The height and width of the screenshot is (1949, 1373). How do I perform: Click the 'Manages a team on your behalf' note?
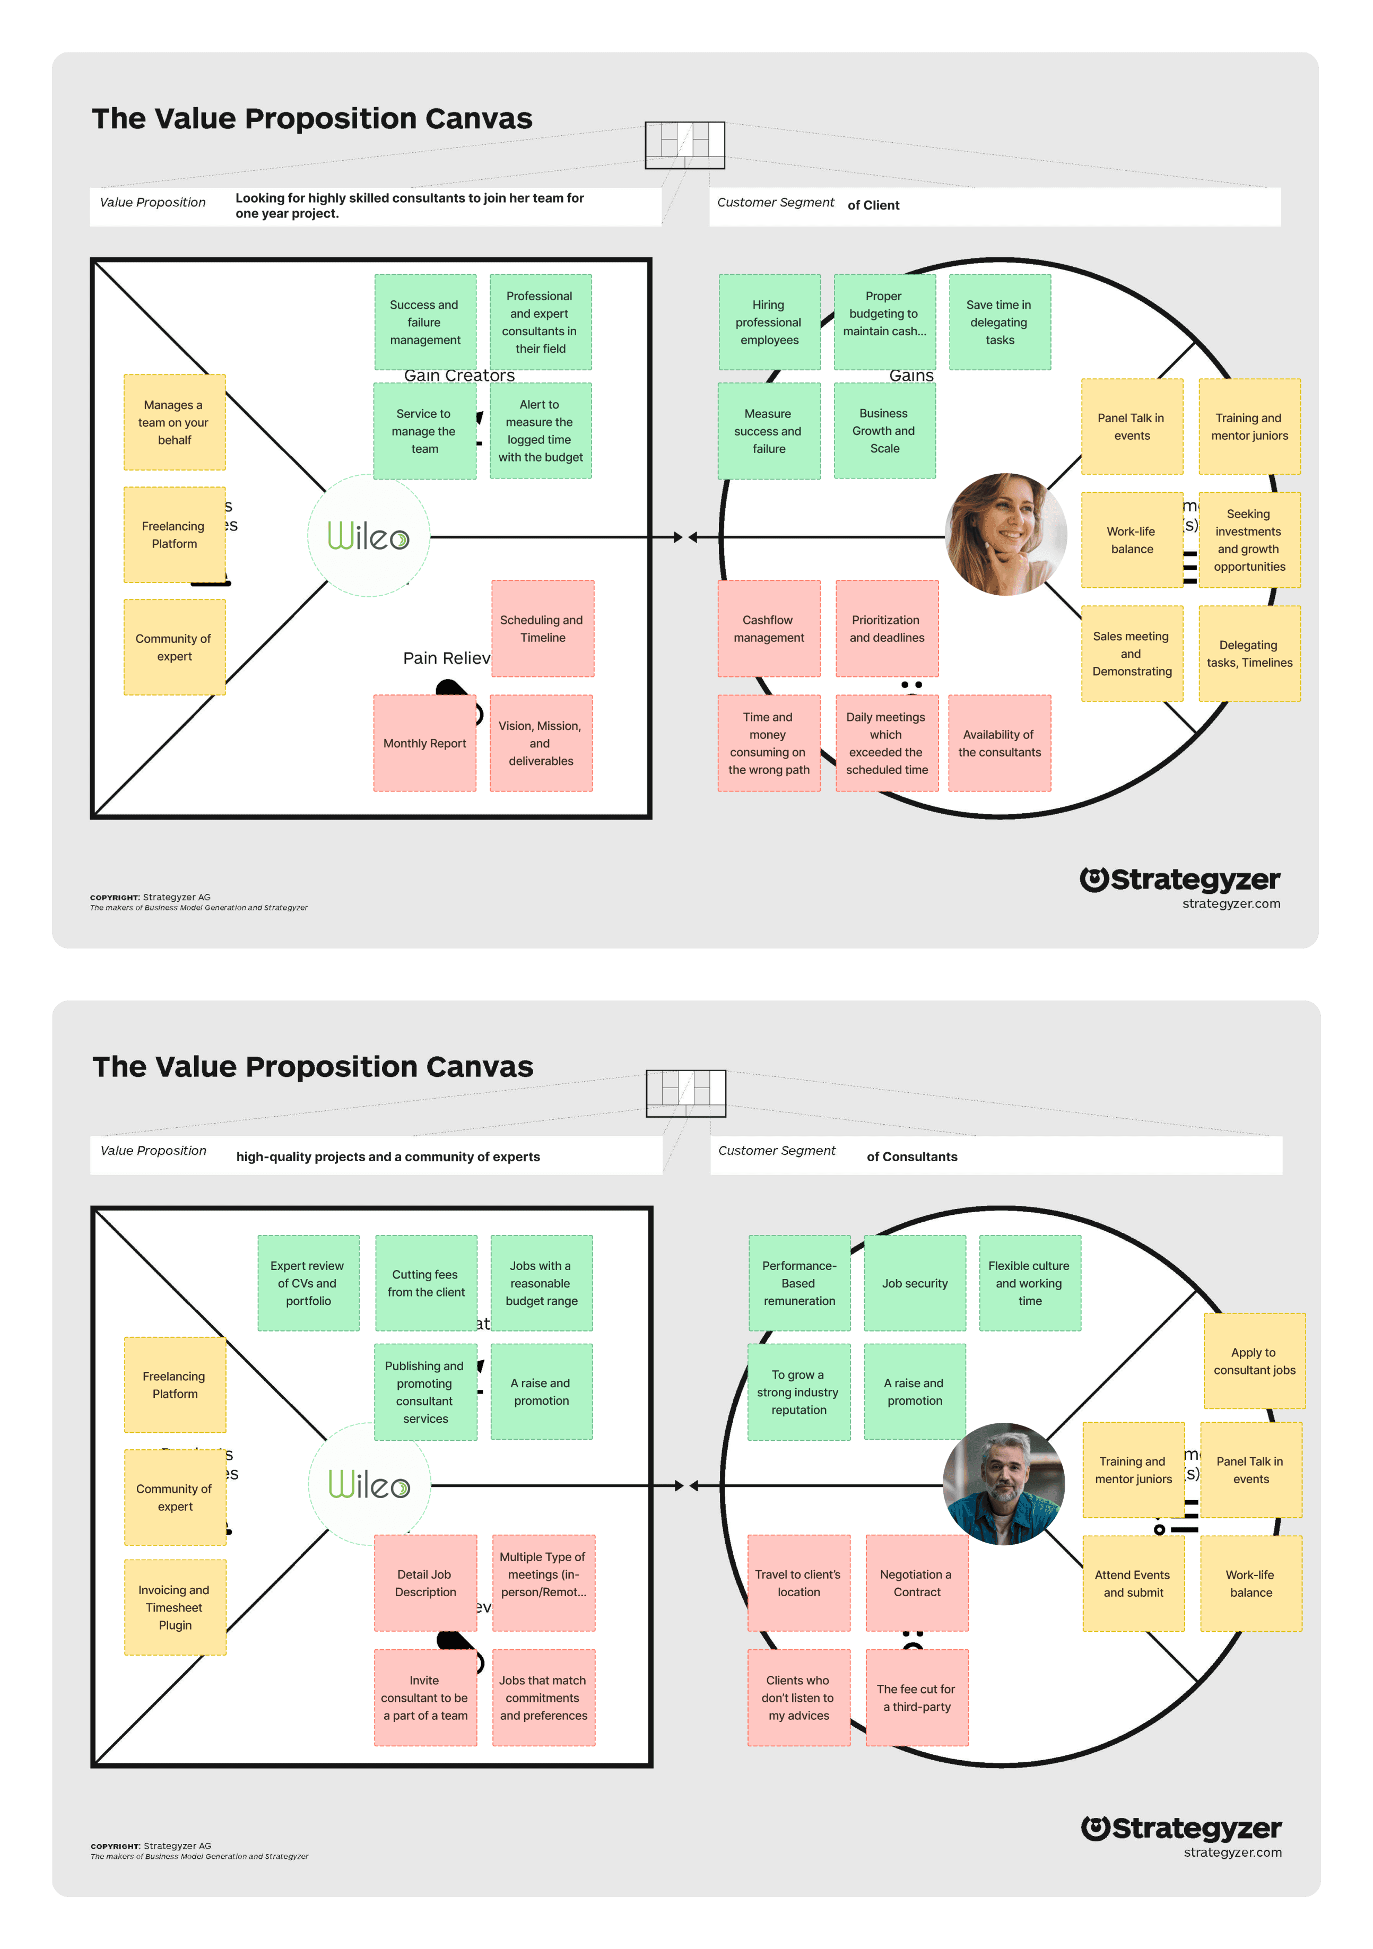click(x=174, y=422)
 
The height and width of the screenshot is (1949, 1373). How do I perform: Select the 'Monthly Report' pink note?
click(x=424, y=743)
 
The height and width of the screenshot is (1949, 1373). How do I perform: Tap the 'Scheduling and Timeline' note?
click(x=543, y=628)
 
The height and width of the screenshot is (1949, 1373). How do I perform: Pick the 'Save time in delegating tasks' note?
click(x=1000, y=321)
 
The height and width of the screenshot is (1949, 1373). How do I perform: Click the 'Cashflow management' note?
click(x=768, y=628)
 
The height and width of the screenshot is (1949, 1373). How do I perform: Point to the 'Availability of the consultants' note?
click(x=1000, y=743)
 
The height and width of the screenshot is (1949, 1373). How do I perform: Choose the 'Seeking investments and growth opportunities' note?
click(x=1249, y=540)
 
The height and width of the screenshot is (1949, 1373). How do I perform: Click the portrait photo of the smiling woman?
click(x=1006, y=534)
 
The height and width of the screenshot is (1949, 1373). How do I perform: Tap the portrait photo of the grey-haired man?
click(x=1004, y=1483)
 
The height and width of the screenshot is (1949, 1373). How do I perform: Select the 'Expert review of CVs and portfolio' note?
click(x=308, y=1283)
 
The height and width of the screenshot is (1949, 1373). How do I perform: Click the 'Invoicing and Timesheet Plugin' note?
click(x=175, y=1607)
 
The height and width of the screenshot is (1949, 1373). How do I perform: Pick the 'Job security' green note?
click(x=915, y=1283)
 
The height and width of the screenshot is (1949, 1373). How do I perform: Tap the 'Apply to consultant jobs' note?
click(x=1254, y=1361)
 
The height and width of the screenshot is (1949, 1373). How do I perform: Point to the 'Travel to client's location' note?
click(x=798, y=1582)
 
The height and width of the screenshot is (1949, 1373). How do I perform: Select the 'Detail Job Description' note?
click(x=425, y=1582)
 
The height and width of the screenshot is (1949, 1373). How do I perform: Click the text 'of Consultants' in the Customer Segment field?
click(x=912, y=1156)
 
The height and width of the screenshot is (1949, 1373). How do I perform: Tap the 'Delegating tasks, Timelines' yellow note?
click(x=1249, y=653)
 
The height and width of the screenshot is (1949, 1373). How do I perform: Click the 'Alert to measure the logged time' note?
click(x=540, y=430)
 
